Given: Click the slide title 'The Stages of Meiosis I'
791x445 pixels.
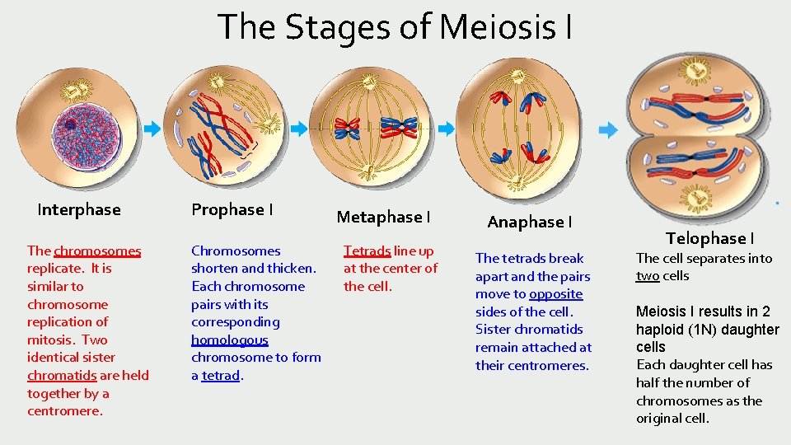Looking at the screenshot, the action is [x=395, y=26].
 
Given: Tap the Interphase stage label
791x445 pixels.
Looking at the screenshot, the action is [x=79, y=209].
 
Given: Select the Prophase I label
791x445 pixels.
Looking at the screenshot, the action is [x=232, y=209].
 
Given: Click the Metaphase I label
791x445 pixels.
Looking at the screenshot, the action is [x=383, y=217].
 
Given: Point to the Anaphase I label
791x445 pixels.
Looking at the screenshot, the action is [x=529, y=222].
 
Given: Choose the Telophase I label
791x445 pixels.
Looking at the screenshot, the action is [x=709, y=238].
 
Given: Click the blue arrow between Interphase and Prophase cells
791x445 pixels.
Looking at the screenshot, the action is [x=152, y=129].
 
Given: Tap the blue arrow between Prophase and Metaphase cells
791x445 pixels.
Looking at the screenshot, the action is [x=299, y=129].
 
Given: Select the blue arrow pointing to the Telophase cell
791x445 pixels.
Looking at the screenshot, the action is [x=607, y=130].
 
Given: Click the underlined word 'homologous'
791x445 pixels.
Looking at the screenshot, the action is [x=230, y=340].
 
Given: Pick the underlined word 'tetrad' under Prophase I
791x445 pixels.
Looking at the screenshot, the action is [x=221, y=375].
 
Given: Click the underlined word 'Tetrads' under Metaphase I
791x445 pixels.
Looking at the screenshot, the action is [x=367, y=251].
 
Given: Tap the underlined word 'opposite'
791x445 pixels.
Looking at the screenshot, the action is [x=555, y=294].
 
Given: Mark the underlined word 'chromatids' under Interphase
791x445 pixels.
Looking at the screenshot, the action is [x=63, y=375].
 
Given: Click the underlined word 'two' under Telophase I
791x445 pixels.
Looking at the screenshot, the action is [x=648, y=276].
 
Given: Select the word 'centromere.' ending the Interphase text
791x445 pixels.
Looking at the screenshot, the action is [x=65, y=410].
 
